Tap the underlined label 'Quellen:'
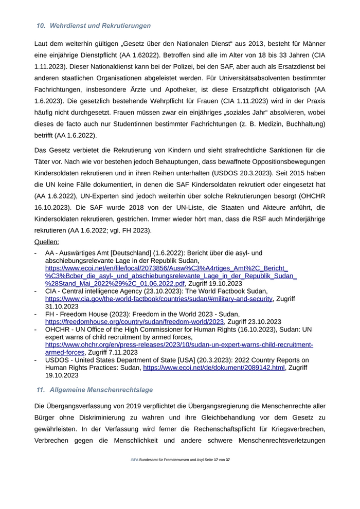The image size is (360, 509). [46, 242]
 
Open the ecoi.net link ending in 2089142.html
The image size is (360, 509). [213, 368]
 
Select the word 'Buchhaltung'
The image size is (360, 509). [303, 124]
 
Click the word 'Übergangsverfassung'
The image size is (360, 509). [82, 406]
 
